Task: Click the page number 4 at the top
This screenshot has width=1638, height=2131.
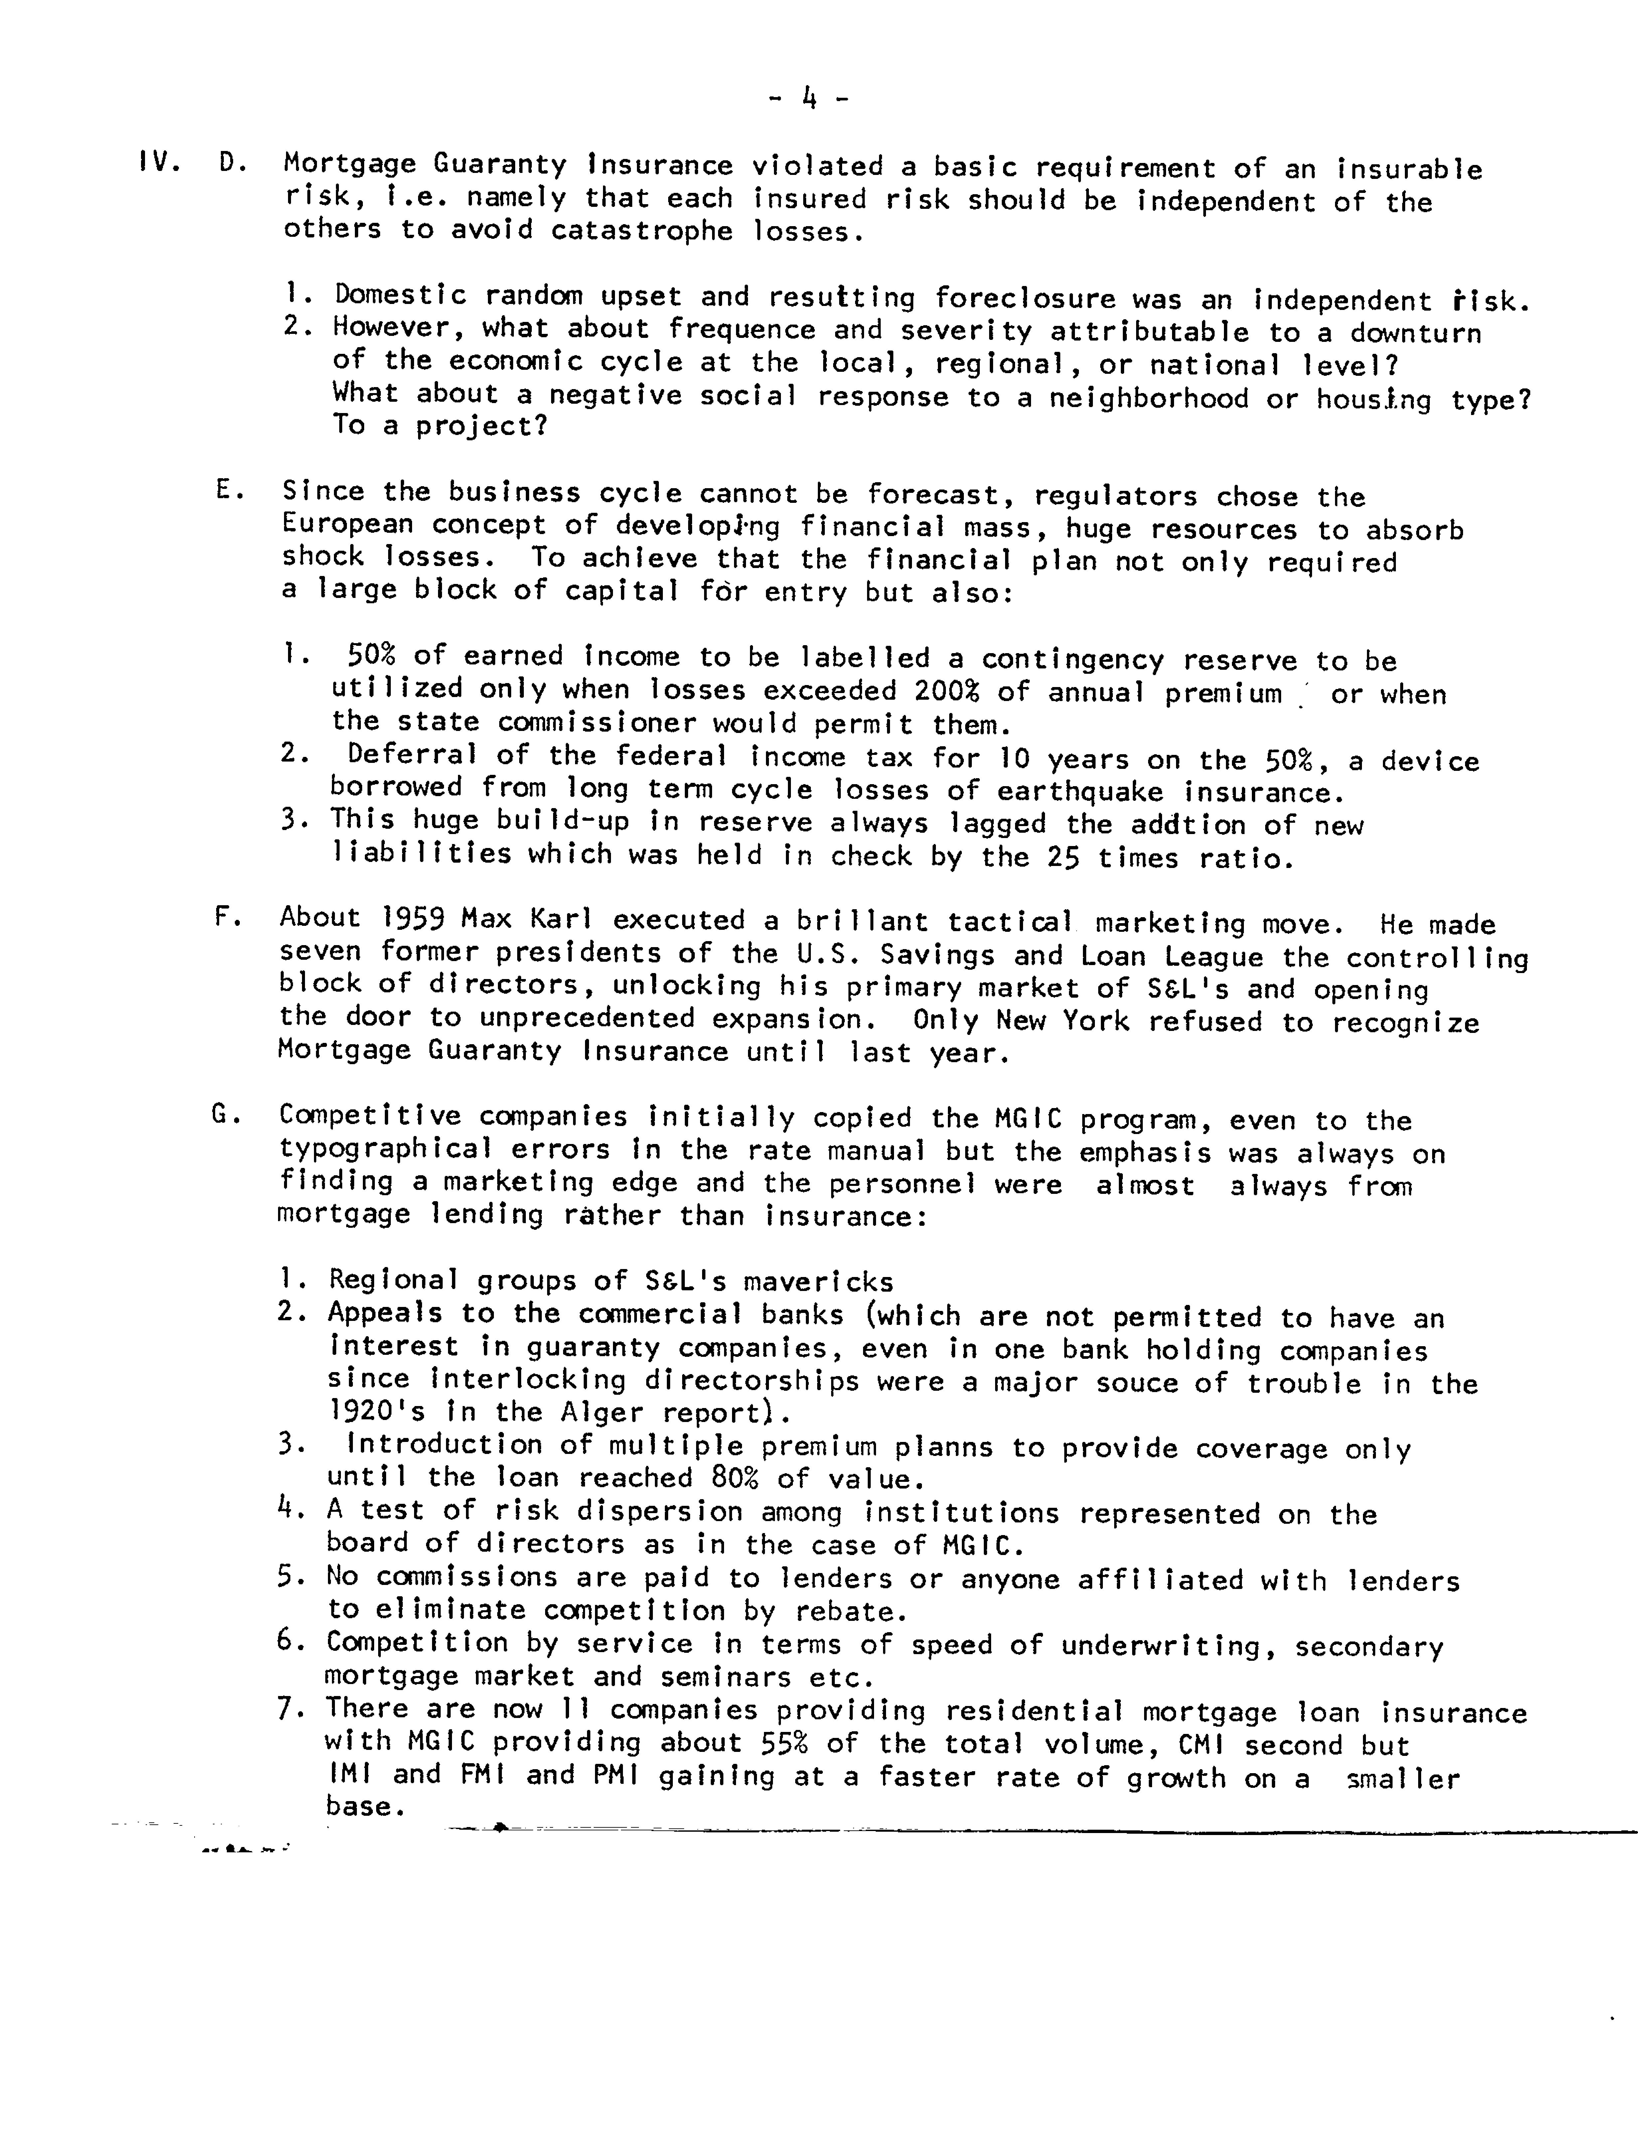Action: point(808,97)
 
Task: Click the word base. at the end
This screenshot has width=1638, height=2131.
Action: point(365,1806)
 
